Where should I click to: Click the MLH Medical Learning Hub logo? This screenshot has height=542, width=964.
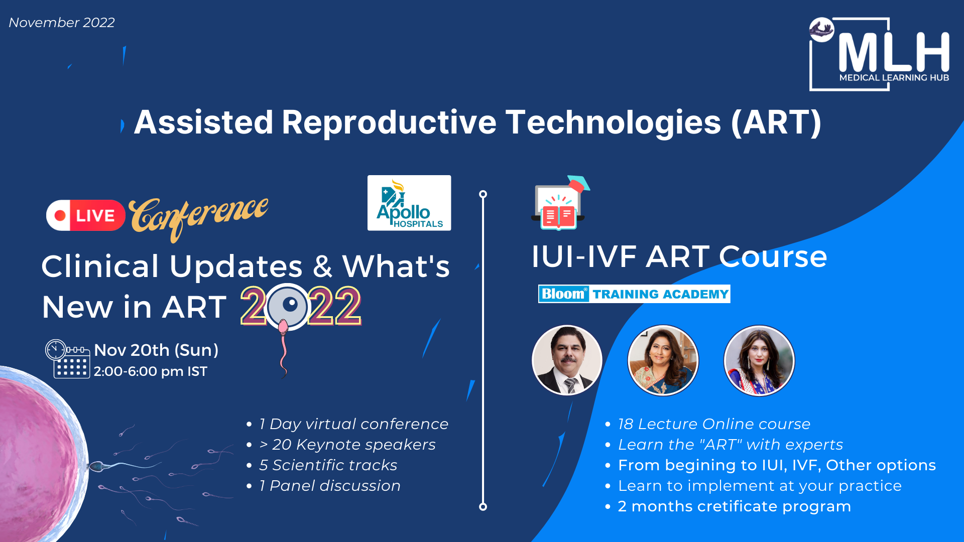tap(879, 54)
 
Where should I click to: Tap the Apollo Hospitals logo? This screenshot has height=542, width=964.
tap(409, 203)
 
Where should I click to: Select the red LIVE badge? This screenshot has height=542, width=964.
tap(86, 215)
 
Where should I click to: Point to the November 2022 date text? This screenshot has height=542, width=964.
tap(62, 23)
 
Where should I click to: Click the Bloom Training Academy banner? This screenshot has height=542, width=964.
tap(634, 294)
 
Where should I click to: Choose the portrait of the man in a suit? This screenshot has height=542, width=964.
tap(567, 360)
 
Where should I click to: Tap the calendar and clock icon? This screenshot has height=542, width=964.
tap(68, 359)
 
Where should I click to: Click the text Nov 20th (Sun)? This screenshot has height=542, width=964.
tap(156, 350)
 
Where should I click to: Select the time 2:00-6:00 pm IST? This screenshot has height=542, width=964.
tap(151, 371)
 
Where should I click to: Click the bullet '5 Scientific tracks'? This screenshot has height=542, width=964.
tap(328, 465)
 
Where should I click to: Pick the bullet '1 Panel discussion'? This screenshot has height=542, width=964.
tap(330, 486)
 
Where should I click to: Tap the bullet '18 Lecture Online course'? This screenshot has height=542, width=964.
tap(714, 424)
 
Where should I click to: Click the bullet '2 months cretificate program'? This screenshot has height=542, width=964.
tap(735, 506)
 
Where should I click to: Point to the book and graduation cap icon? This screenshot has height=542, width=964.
tap(560, 203)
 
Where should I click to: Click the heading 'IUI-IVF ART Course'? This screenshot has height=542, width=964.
tap(679, 256)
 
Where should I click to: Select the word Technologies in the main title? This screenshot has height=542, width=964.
tap(613, 122)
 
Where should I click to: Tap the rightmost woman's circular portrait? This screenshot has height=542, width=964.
tap(759, 360)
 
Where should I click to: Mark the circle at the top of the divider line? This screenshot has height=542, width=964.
tap(483, 194)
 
